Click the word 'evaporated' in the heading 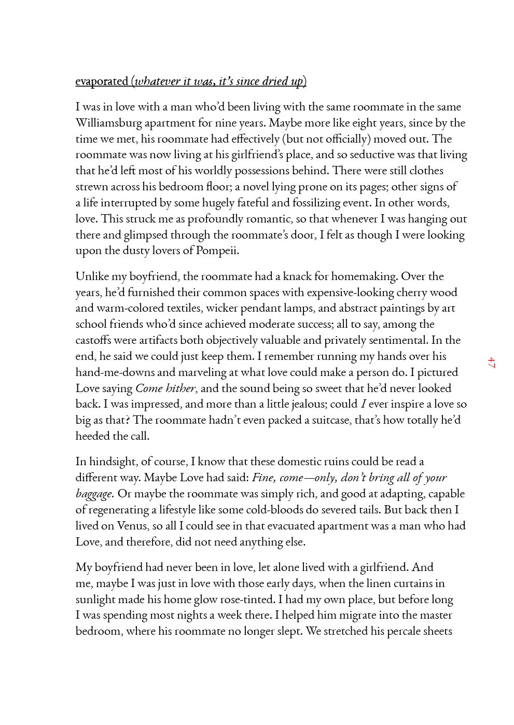point(102,81)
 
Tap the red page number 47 point(491,362)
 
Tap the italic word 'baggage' point(94,494)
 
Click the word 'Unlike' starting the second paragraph point(92,276)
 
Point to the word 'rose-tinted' point(247,599)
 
